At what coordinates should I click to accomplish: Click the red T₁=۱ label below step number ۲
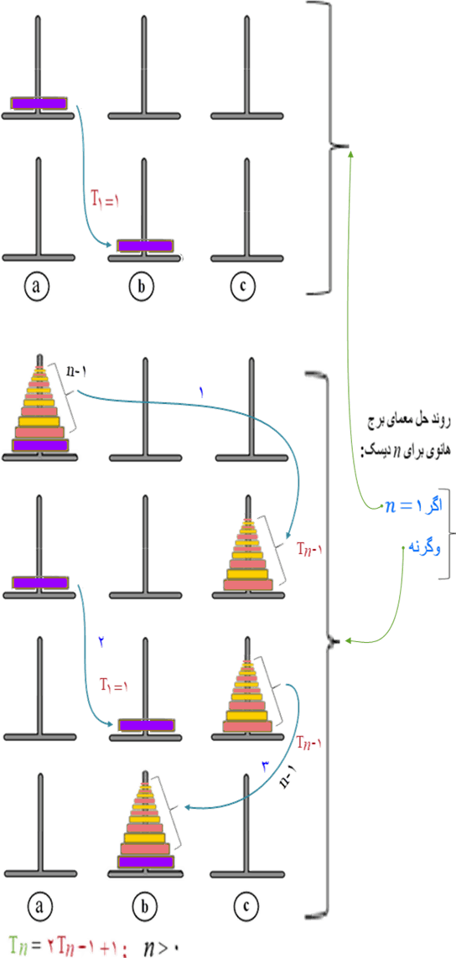click(x=115, y=686)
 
